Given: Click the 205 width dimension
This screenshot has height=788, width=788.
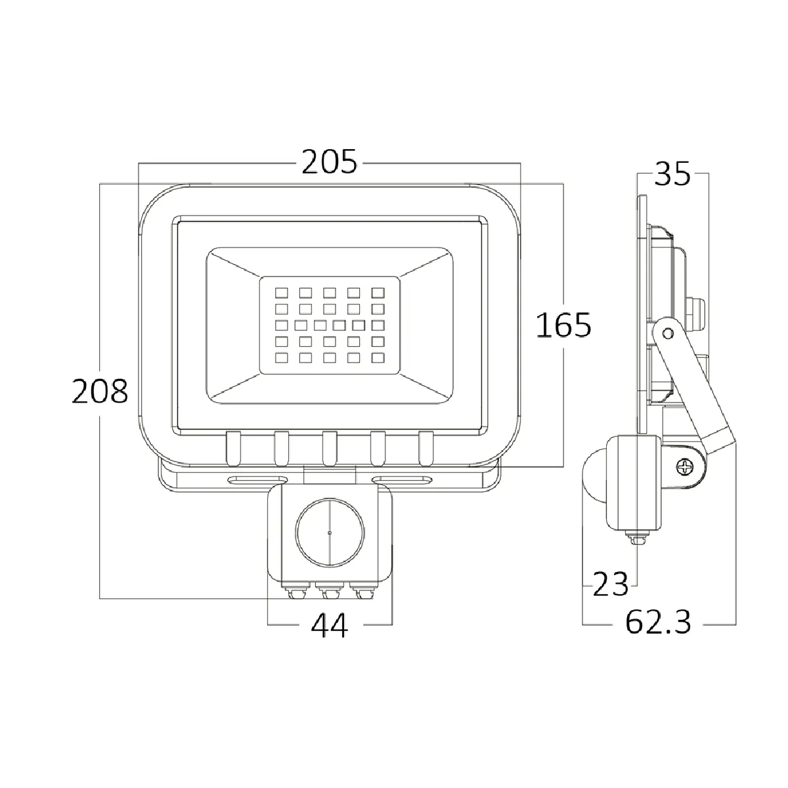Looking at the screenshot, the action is pyautogui.click(x=329, y=162).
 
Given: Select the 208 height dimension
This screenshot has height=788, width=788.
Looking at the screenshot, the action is pyautogui.click(x=100, y=391).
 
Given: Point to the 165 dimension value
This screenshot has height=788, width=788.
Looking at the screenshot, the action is pyautogui.click(x=563, y=325).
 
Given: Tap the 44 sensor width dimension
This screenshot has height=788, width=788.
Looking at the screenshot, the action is pyautogui.click(x=329, y=625).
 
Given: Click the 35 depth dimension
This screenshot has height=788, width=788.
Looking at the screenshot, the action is pyautogui.click(x=672, y=174).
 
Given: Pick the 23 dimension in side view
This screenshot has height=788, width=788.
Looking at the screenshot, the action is pyautogui.click(x=610, y=584).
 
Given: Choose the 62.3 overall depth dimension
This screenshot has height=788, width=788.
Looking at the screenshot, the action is pyautogui.click(x=658, y=622).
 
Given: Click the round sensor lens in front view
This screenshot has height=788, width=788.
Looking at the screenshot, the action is pyautogui.click(x=330, y=533).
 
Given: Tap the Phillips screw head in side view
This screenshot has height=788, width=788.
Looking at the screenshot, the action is pyautogui.click(x=684, y=467).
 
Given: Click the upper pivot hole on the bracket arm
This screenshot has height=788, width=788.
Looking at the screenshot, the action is pyautogui.click(x=668, y=334).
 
